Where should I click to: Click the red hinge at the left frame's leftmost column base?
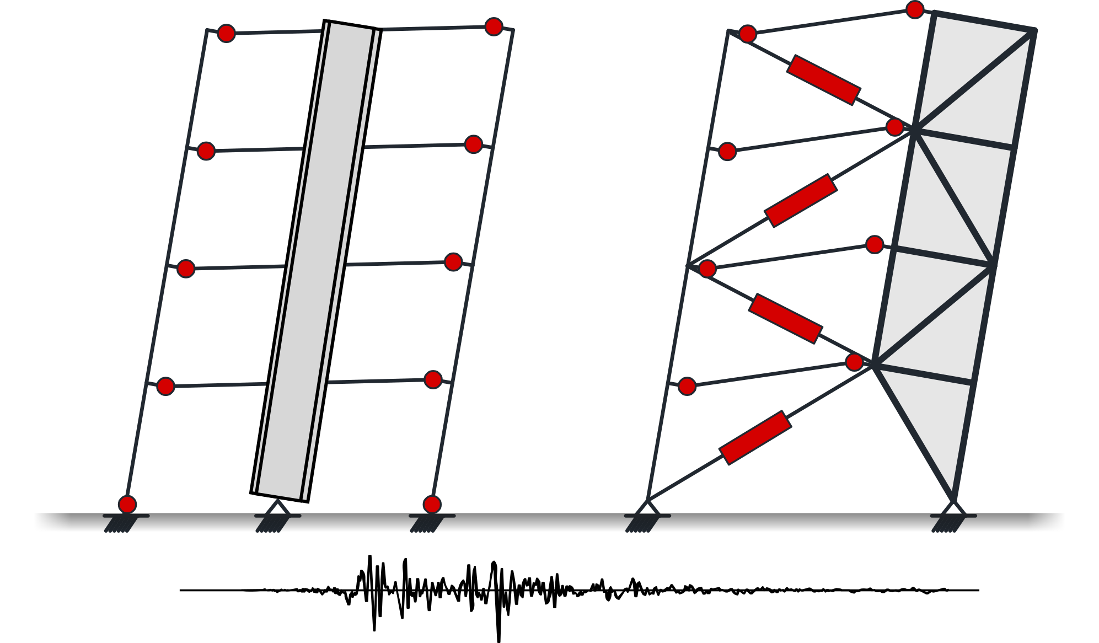tap(127, 504)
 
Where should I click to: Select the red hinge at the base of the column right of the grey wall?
tap(432, 504)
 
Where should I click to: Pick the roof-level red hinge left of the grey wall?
tap(227, 33)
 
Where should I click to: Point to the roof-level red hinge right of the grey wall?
tap(494, 26)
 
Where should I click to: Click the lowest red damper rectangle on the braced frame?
tap(755, 437)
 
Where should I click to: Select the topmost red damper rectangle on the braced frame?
tap(823, 79)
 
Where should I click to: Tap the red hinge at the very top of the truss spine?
tap(915, 9)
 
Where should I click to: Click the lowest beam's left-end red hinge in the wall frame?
tap(165, 386)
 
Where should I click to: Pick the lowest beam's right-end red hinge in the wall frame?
tap(433, 379)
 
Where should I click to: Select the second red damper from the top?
tap(801, 200)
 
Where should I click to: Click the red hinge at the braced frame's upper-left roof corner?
tap(747, 34)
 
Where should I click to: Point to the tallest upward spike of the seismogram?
tap(369, 557)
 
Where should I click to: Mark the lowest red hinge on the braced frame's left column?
tap(687, 386)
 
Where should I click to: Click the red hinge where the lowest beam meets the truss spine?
tap(854, 362)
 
